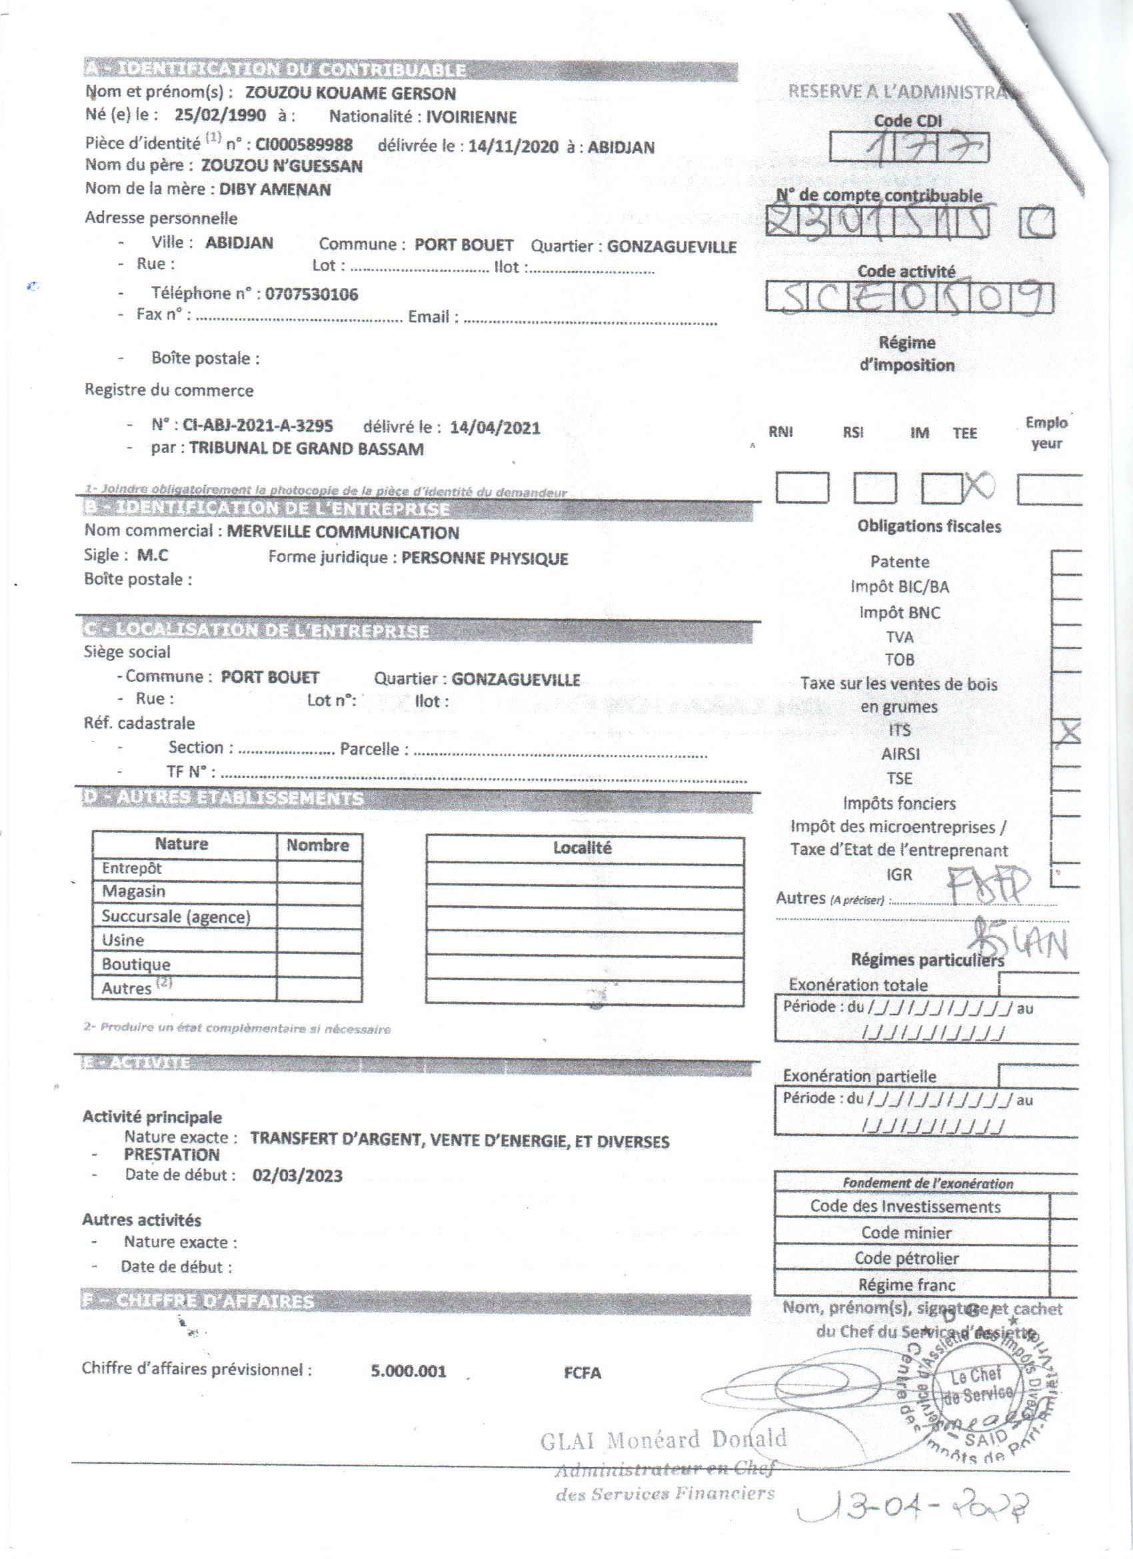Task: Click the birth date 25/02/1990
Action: click(x=219, y=115)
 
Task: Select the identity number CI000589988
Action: click(x=304, y=145)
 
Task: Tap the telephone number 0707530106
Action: click(x=311, y=294)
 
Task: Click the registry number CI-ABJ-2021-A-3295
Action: click(x=258, y=426)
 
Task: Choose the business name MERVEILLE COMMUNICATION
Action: click(x=343, y=532)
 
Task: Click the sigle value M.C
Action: click(x=153, y=556)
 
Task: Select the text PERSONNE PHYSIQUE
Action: click(x=485, y=558)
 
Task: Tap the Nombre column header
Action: click(x=318, y=845)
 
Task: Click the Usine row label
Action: click(x=123, y=939)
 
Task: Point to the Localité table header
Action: click(x=582, y=847)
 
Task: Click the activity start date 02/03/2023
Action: click(x=297, y=1175)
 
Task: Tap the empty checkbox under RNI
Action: click(x=802, y=488)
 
